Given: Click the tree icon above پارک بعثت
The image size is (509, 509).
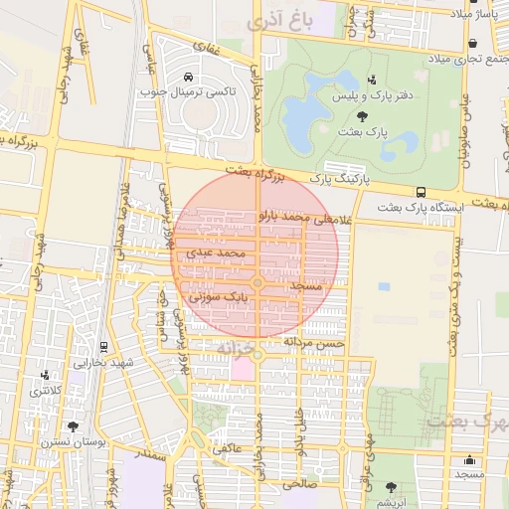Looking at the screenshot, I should coord(373,116).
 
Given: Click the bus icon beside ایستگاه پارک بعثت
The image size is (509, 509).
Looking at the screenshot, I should coord(421,192).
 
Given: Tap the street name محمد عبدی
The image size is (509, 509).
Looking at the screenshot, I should coord(215,254).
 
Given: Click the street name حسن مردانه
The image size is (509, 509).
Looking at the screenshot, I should coord(314,341).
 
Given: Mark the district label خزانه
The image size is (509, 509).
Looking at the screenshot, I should coord(241,348).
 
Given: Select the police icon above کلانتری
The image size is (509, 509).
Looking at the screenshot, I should coord(44,376).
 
